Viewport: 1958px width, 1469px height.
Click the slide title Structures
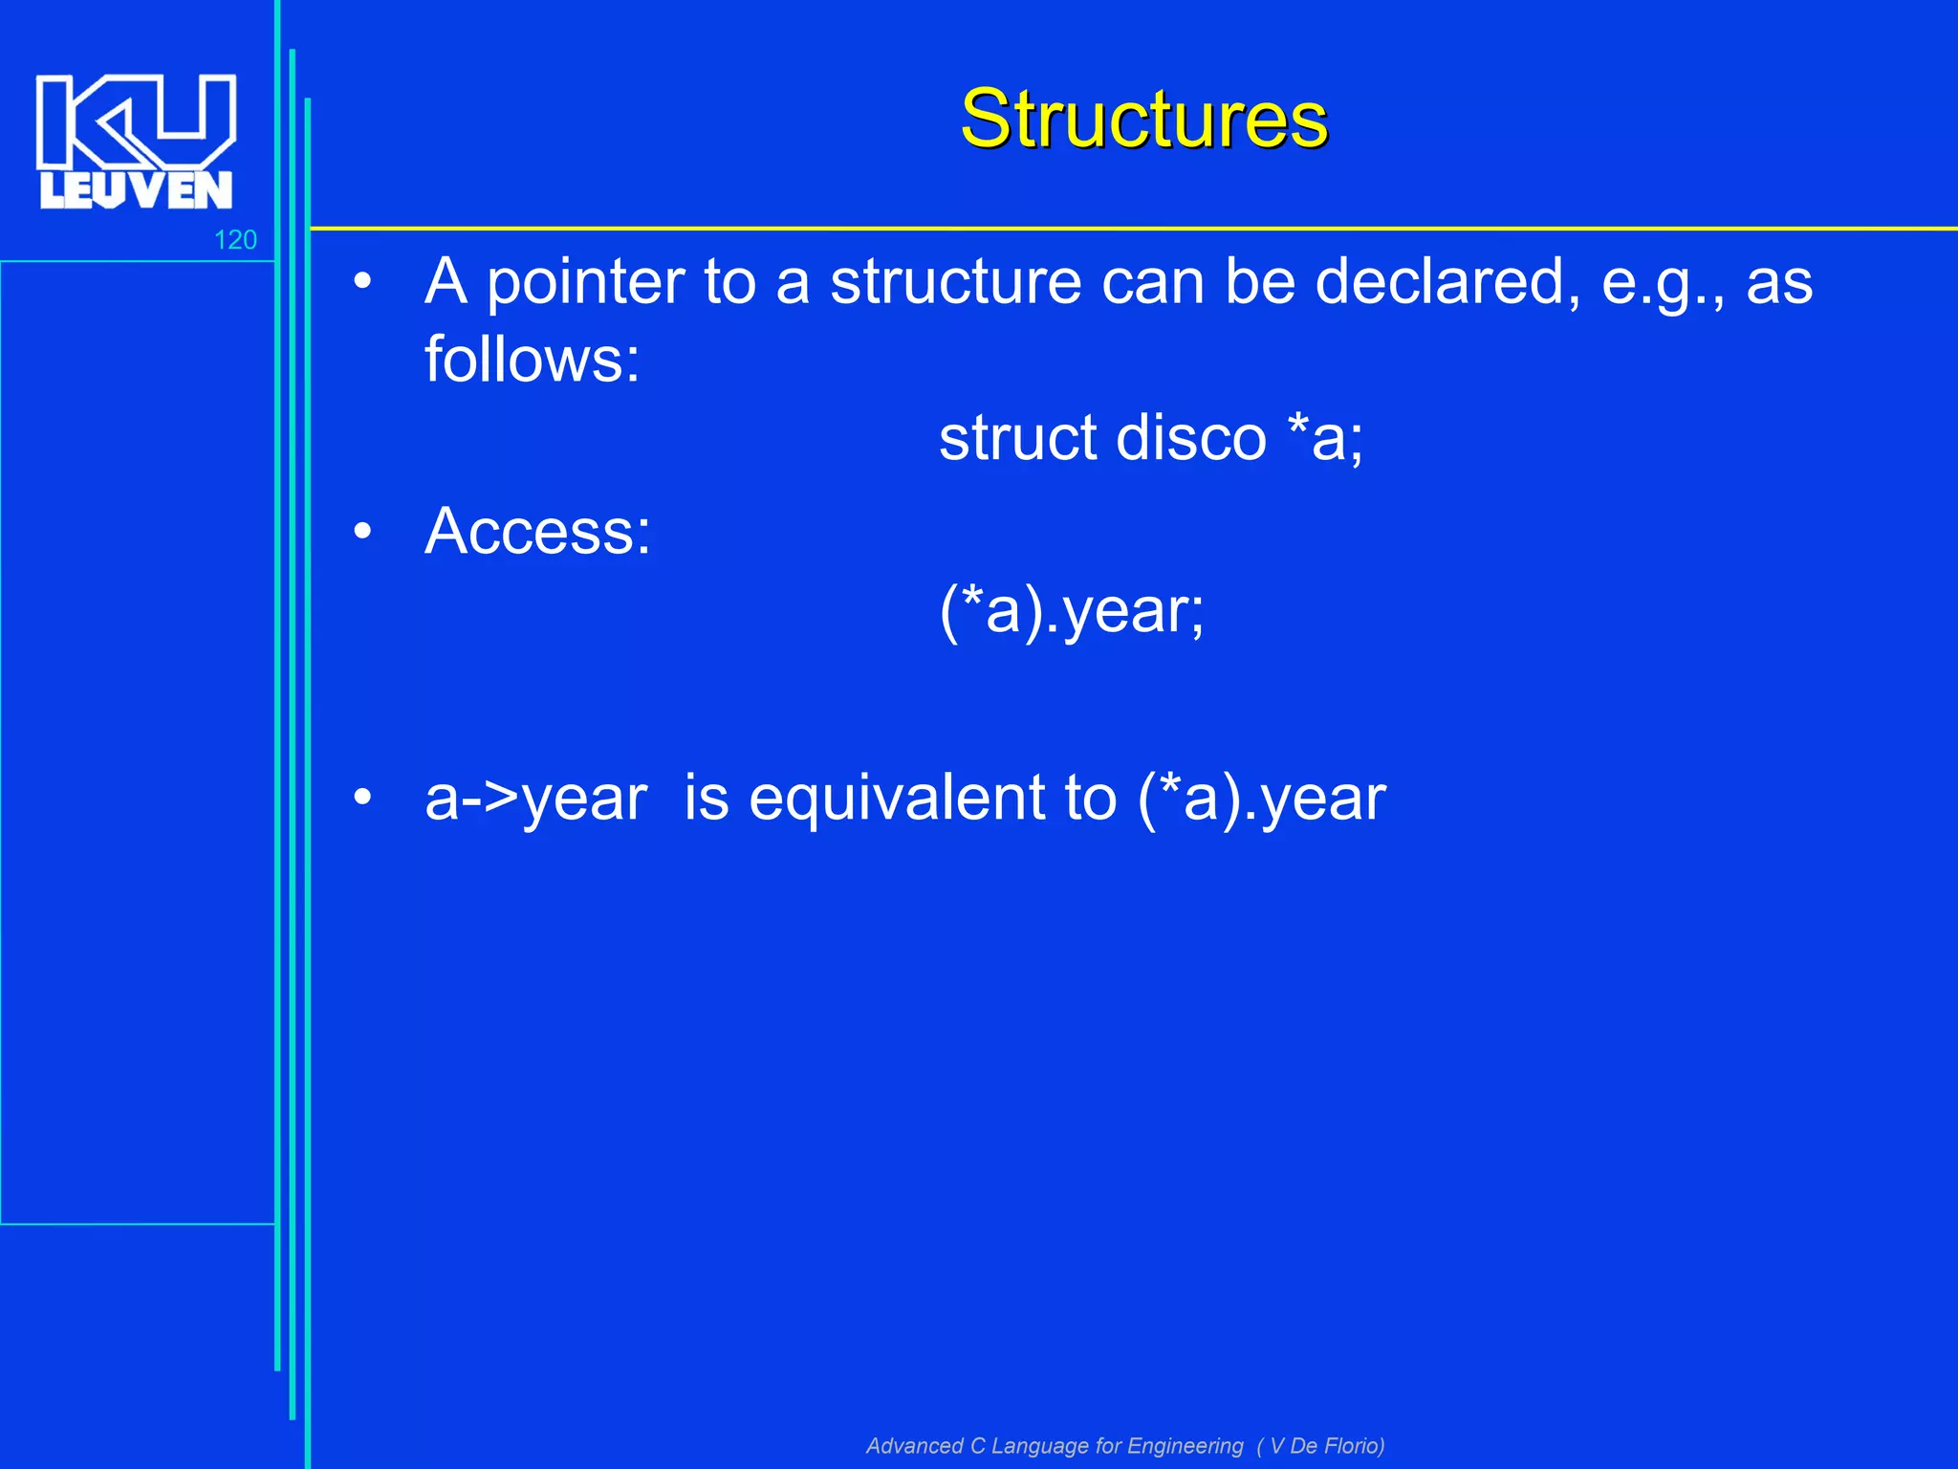(1143, 119)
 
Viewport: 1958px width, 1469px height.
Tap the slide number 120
(235, 240)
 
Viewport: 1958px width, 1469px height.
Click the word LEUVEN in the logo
(136, 190)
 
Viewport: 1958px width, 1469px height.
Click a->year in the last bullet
(535, 799)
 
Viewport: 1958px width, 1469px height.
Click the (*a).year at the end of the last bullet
(1261, 799)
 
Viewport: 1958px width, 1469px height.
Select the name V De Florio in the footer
(1325, 1446)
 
